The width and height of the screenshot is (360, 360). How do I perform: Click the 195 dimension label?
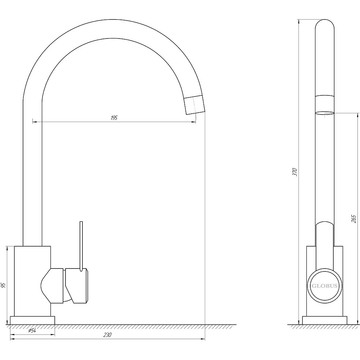click(114, 118)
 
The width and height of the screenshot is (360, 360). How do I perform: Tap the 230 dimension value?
click(107, 335)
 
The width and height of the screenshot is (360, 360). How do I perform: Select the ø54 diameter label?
click(32, 330)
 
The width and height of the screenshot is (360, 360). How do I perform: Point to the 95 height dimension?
click(3, 285)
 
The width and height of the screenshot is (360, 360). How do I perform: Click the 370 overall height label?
click(295, 172)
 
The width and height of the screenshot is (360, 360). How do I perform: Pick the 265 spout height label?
click(354, 219)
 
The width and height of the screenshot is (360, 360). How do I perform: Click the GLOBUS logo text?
click(324, 286)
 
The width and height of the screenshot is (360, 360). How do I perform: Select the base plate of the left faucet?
click(32, 320)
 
